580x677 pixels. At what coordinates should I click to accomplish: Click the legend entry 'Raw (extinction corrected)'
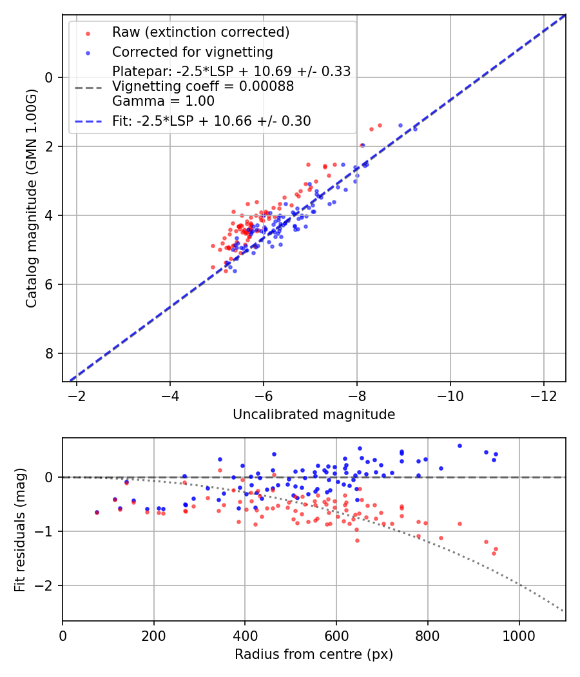coord(200,32)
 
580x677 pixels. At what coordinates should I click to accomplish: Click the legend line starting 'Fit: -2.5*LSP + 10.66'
coord(211,121)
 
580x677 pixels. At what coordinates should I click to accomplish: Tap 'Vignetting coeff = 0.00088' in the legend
coord(203,86)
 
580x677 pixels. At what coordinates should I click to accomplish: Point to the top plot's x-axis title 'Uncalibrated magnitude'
coord(314,415)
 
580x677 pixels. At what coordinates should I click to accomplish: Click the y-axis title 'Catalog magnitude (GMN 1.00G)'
coord(32,198)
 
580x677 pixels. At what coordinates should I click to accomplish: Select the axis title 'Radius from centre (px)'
coord(314,654)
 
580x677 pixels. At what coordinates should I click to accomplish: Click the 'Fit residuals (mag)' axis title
coord(20,530)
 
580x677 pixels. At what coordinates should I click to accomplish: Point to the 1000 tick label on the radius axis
coord(519,635)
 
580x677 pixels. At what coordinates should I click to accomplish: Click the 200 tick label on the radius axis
coord(154,635)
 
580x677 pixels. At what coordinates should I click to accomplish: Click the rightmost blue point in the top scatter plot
coord(415,129)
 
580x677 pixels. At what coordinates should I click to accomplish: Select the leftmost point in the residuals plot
coord(97,513)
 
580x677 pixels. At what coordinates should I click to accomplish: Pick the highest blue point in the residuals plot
coord(459,446)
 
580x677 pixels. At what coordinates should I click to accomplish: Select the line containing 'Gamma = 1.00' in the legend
coord(163,101)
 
